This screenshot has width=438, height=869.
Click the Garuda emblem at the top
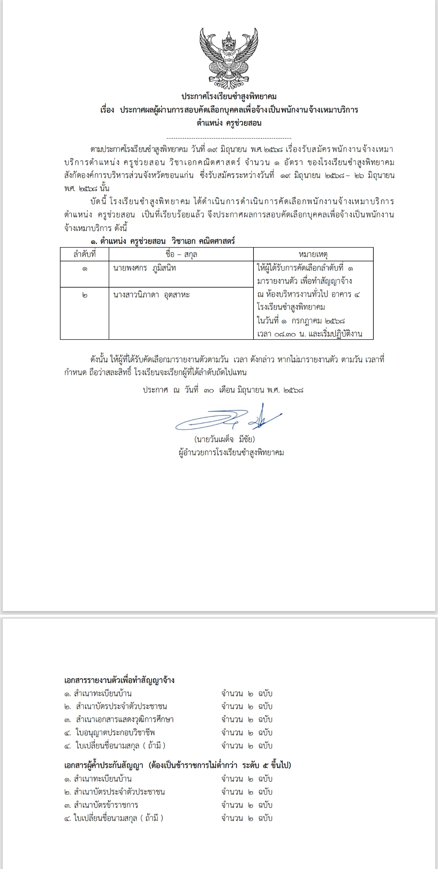tap(229, 58)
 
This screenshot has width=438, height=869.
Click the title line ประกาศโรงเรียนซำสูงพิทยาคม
tap(229, 96)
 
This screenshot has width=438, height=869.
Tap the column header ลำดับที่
tap(84, 254)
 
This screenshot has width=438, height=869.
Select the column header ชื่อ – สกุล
tap(181, 254)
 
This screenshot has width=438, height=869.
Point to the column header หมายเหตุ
tap(313, 254)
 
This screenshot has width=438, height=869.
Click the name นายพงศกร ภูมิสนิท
tap(144, 268)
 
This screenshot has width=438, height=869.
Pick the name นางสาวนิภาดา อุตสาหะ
tap(151, 295)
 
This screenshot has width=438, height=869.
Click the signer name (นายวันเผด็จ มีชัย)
tap(224, 439)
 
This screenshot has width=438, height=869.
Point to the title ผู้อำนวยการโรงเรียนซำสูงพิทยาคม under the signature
tap(231, 453)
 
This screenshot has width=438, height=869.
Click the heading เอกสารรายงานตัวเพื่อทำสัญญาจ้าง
tap(119, 680)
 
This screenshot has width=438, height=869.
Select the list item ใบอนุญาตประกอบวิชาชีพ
tap(115, 732)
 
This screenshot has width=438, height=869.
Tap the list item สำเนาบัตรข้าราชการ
tap(106, 805)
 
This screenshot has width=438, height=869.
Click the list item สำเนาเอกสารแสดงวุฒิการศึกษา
tap(124, 719)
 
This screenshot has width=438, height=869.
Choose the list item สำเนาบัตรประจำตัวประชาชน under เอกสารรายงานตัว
tap(121, 706)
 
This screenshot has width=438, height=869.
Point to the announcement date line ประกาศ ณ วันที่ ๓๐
tap(223, 390)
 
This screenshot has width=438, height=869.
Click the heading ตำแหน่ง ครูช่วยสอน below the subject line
tap(229, 123)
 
